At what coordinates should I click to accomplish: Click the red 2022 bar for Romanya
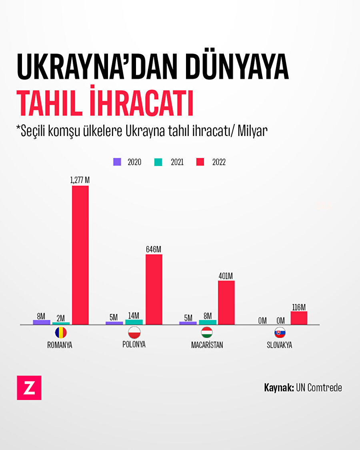[x=80, y=255]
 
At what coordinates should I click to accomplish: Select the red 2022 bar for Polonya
[x=154, y=289]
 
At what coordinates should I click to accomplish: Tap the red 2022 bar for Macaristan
[x=226, y=302]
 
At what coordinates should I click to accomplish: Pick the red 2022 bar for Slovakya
[x=299, y=318]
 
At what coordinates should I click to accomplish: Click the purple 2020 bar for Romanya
[x=42, y=322]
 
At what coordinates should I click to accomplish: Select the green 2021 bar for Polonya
[x=134, y=322]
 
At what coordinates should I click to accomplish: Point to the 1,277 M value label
[x=80, y=180]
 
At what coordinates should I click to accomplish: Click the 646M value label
[x=154, y=249]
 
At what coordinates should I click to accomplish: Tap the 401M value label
[x=226, y=276]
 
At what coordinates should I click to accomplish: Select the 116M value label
[x=299, y=307]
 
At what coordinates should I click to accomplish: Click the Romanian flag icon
[x=61, y=332]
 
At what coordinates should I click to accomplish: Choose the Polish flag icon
[x=134, y=332]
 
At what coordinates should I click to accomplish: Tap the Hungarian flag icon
[x=207, y=332]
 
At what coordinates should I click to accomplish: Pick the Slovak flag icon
[x=280, y=332]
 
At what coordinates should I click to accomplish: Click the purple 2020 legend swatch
[x=117, y=162]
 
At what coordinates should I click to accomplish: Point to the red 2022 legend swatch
[x=200, y=162]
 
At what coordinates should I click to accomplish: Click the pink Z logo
[x=29, y=388]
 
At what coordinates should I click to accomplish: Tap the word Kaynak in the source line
[x=279, y=388]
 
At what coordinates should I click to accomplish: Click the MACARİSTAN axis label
[x=207, y=345]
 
